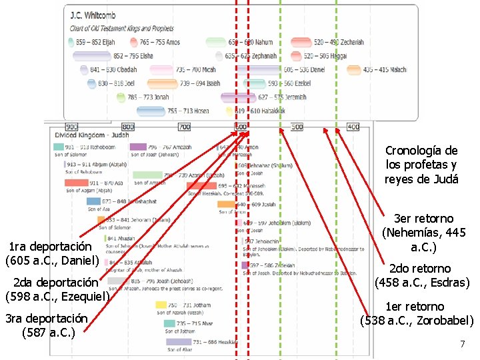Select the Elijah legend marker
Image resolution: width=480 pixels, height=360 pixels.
[x=71, y=43]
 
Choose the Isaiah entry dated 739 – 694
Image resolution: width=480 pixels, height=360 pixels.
[x=200, y=83]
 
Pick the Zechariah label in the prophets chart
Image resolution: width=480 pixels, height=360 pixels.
[x=339, y=43]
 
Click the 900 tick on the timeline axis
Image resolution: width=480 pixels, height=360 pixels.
[x=71, y=127]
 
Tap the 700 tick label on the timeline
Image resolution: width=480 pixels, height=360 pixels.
[x=184, y=127]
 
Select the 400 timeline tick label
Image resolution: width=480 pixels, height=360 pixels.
[x=353, y=127]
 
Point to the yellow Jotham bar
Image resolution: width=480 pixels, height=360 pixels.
[x=161, y=305]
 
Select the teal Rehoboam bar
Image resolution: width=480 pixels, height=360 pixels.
[x=59, y=147]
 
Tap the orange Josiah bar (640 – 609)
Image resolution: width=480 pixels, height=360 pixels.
[x=227, y=204]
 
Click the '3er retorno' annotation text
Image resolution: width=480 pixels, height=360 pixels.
[x=424, y=219]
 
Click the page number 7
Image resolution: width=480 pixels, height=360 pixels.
[x=461, y=344]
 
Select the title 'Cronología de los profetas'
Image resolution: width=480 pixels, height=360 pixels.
[x=421, y=157]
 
